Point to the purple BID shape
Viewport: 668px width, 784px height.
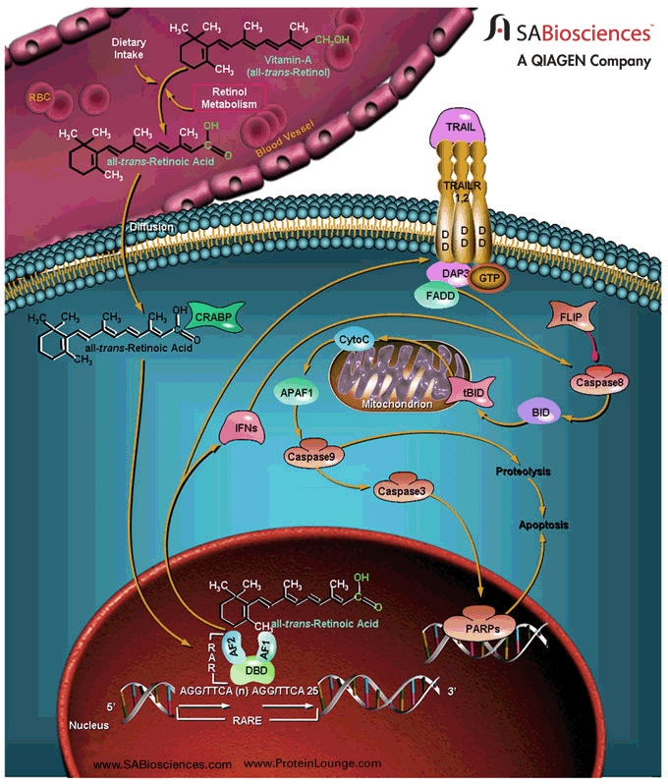(538, 413)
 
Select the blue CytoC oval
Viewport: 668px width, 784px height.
(353, 339)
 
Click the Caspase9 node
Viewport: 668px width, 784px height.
(309, 456)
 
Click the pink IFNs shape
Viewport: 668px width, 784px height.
(241, 427)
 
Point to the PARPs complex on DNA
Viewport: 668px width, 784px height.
(467, 625)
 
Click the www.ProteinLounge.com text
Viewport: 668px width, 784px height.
(312, 763)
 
